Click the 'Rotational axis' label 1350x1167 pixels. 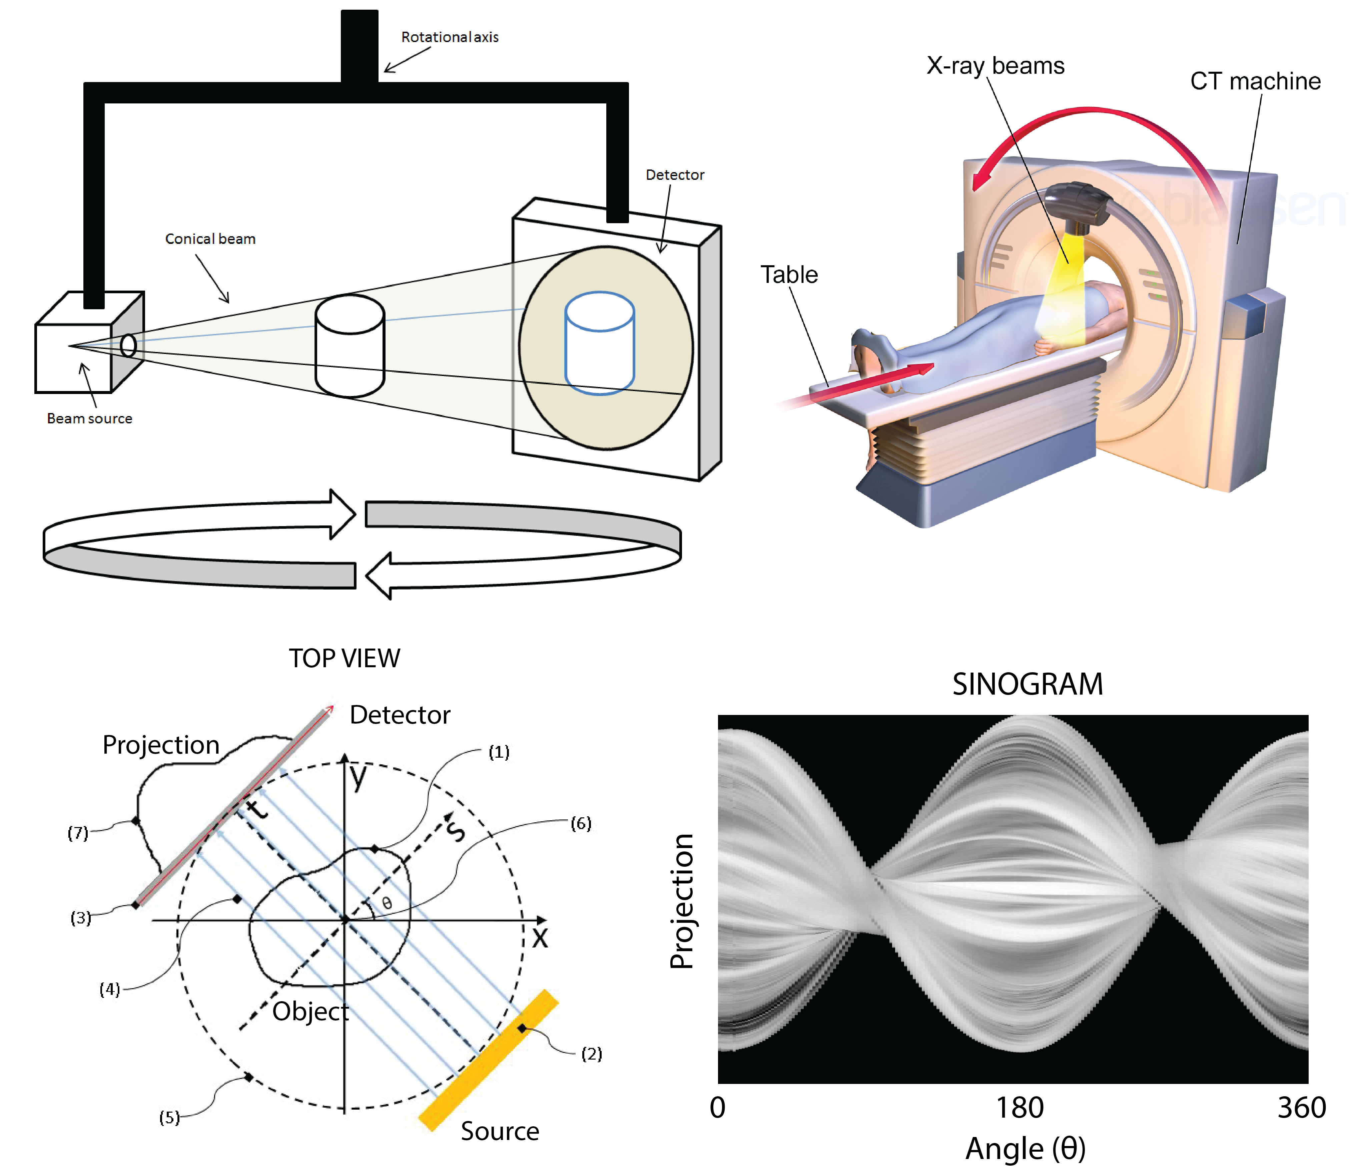450,37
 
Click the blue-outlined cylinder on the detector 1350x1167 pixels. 599,344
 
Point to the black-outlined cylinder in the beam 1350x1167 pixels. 350,346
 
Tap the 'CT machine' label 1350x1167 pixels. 1255,81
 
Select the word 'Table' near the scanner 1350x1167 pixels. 789,275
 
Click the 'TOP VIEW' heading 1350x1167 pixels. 345,659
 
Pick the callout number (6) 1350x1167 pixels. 581,823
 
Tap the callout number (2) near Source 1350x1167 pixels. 591,1054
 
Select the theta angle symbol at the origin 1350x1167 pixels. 387,903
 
